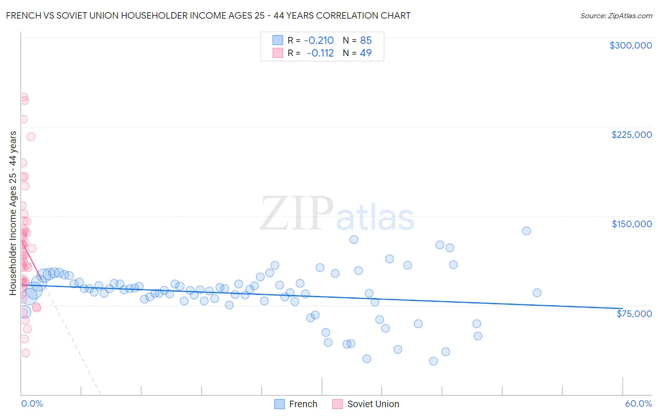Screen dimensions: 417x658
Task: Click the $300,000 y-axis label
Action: [630, 45]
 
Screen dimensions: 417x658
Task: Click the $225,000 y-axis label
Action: [631, 135]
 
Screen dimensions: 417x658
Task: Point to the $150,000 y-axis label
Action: [631, 224]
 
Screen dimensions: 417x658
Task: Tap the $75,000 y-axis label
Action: [634, 314]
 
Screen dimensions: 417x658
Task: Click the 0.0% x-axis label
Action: [32, 403]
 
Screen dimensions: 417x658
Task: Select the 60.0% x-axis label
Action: [638, 403]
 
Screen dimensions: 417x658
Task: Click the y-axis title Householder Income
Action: [13, 213]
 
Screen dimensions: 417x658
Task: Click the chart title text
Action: [208, 15]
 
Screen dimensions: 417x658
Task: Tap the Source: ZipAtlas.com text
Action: [616, 15]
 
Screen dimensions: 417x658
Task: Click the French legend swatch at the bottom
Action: [279, 404]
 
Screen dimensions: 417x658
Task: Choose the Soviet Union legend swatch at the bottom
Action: [337, 404]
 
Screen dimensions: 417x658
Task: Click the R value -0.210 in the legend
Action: [319, 41]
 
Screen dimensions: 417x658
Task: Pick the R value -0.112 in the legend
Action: [320, 53]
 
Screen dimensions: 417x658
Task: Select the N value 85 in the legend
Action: [366, 41]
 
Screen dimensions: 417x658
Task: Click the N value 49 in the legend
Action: [366, 53]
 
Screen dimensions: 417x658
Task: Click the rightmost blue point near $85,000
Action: [537, 293]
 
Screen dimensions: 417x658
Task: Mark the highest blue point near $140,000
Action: [526, 230]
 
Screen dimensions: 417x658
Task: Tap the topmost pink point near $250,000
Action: [23, 97]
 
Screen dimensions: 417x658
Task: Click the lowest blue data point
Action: [433, 361]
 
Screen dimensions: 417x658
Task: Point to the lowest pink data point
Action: [26, 353]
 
